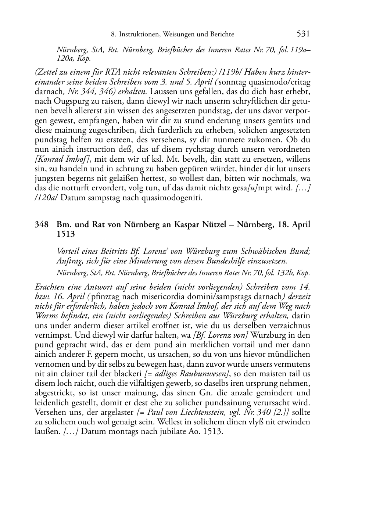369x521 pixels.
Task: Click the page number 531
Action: (x=303, y=34)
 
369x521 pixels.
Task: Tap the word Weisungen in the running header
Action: (x=178, y=35)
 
